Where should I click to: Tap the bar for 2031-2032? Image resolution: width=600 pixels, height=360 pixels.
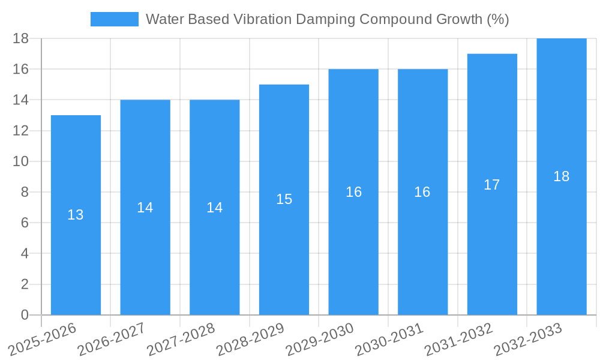tap(492, 252)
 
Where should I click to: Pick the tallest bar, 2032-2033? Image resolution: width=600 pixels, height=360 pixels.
tap(561, 252)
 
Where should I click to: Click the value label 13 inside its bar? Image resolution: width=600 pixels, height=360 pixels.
tap(76, 215)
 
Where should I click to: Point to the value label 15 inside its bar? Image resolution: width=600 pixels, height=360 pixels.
tap(284, 199)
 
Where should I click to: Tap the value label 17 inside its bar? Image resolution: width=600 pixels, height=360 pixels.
tap(492, 185)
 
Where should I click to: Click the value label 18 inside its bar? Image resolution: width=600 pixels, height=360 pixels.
tap(561, 176)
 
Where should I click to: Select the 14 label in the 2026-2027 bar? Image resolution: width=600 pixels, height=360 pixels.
tap(145, 208)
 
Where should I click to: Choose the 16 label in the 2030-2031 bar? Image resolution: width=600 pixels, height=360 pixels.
tap(422, 192)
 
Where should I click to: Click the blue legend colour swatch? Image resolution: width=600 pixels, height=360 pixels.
tap(114, 19)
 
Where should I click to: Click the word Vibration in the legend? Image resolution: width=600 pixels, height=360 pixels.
tap(263, 19)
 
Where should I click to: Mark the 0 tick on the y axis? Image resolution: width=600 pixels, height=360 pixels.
tap(25, 315)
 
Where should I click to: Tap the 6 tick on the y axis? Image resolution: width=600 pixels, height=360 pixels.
tap(25, 223)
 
